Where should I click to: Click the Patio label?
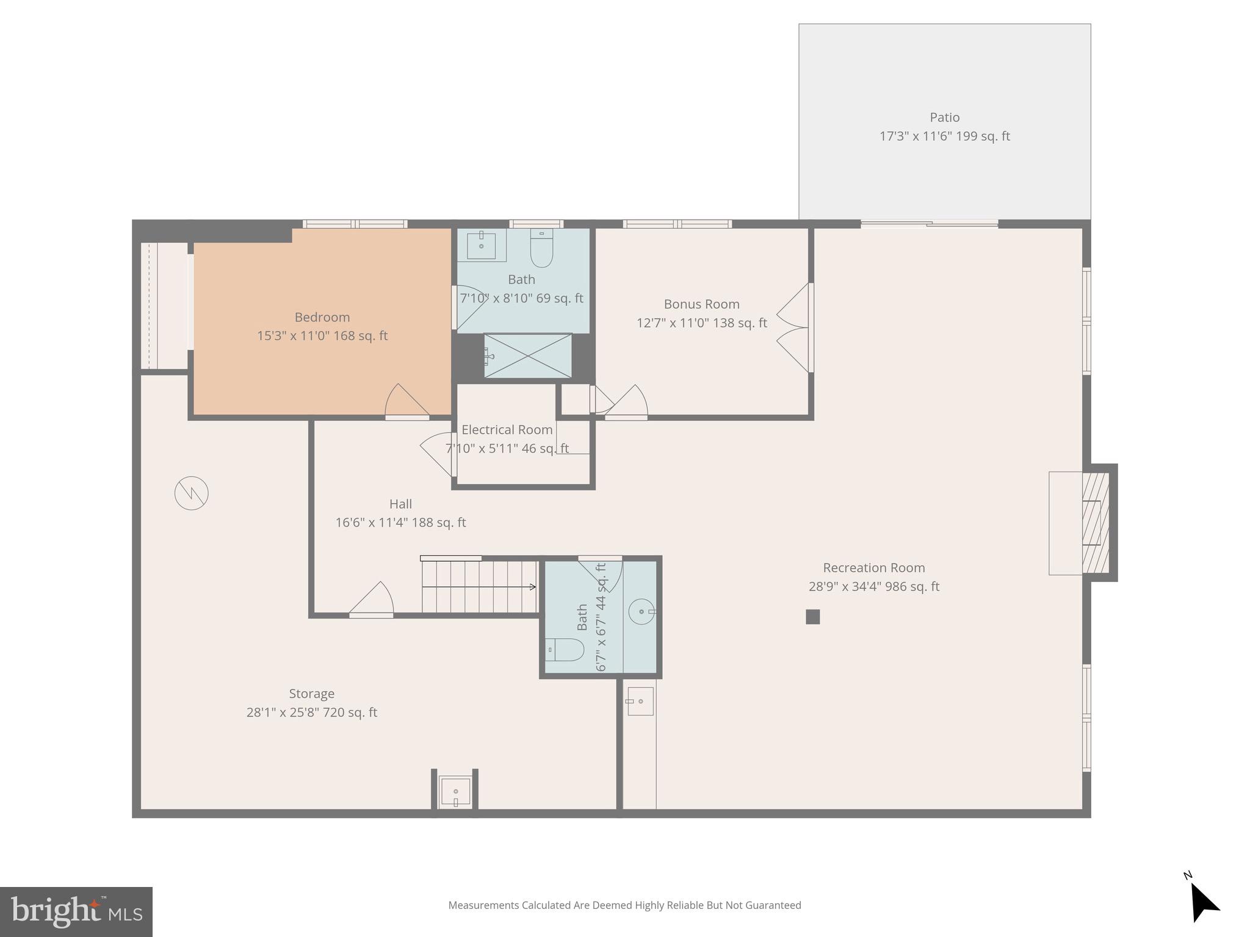point(944,118)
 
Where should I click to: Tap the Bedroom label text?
point(322,317)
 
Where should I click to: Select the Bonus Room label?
point(701,304)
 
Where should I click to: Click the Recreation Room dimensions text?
point(873,587)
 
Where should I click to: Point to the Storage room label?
point(311,694)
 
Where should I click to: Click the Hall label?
point(400,504)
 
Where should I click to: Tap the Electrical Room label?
point(507,430)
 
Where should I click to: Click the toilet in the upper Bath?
point(541,249)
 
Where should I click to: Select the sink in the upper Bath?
point(481,245)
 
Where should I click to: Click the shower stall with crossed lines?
point(528,356)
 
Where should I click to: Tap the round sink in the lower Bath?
point(641,611)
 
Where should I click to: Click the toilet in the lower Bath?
point(565,650)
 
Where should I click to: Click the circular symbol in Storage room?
point(192,493)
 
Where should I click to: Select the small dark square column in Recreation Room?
point(812,617)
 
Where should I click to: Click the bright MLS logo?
point(76,912)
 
